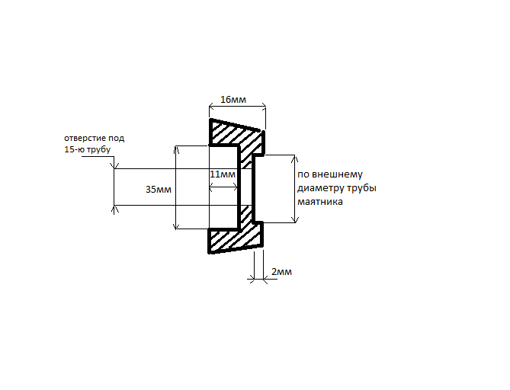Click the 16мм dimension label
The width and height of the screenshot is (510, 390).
233,100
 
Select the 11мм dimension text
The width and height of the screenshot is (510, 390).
223,174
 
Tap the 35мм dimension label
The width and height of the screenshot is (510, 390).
159,189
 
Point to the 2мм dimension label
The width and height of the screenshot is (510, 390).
281,271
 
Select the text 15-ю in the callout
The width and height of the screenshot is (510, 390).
73,149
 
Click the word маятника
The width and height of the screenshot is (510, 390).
320,202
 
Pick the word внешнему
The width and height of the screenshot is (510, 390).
337,174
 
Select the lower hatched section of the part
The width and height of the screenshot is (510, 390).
235,235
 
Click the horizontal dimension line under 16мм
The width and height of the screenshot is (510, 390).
237,106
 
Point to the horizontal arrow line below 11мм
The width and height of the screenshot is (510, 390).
223,187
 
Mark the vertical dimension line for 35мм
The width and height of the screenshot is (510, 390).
176,187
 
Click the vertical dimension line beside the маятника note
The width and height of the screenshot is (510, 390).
295,189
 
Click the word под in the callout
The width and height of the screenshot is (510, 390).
117,139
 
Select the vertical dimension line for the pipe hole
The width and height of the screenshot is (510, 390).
114,187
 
